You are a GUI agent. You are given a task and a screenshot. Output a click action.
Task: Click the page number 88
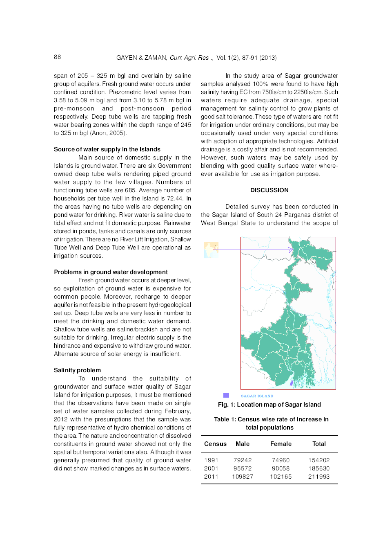pos(57,57)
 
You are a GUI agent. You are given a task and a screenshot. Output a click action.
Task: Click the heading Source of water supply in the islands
pos(107,149)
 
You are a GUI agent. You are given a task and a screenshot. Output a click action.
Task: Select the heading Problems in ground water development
pos(111,272)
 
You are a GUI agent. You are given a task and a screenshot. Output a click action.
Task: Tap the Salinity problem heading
pos(77,370)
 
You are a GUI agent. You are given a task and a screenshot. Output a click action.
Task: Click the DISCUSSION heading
pos(269,190)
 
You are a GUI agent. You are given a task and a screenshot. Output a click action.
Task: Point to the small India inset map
pos(211,250)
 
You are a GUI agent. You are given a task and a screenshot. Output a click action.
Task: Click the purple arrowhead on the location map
pos(291,250)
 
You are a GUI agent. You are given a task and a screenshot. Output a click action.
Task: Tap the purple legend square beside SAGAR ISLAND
pos(226,395)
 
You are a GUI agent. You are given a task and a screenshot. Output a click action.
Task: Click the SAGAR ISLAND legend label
pos(257,396)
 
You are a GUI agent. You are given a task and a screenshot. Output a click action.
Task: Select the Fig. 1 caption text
pos(269,405)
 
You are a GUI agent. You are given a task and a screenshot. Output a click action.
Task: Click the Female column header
pos(281,444)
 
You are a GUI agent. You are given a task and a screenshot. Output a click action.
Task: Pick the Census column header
pos(215,444)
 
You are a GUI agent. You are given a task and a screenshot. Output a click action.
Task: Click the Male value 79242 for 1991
pos(243,460)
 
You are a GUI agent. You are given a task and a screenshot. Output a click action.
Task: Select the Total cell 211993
pos(318,477)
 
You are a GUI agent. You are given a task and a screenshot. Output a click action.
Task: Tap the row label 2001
pos(211,468)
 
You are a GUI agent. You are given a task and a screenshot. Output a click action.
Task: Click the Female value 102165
pos(281,477)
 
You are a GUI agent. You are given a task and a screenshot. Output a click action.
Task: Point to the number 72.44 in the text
pos(174,198)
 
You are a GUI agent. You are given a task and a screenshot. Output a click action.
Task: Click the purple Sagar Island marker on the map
pos(292,383)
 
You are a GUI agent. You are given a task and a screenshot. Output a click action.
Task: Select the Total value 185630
pos(318,468)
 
